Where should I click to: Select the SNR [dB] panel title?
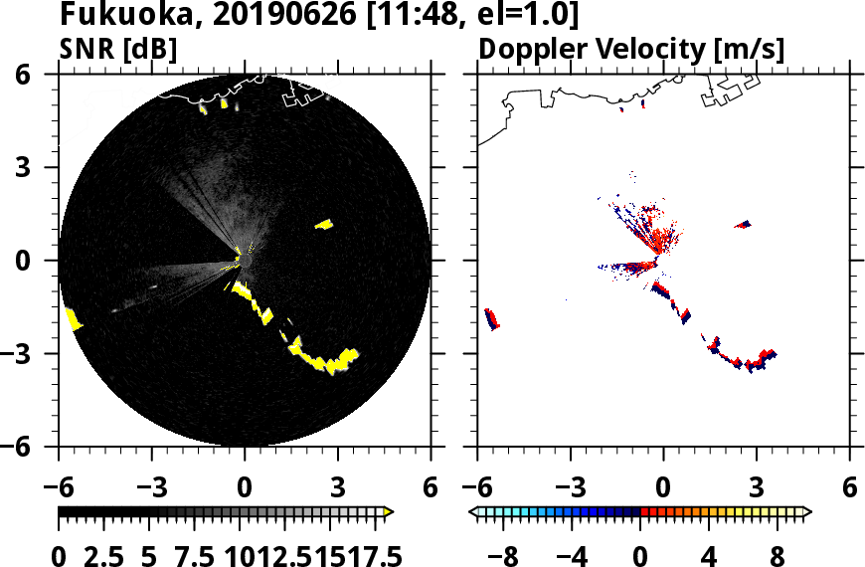[x=119, y=49]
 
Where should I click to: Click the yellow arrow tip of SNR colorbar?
[x=389, y=512]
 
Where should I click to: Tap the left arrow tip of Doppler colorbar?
[x=474, y=512]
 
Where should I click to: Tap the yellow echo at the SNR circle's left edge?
[x=73, y=319]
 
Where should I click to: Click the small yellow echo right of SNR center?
[x=323, y=225]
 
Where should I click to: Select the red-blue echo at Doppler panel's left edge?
[x=491, y=319]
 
